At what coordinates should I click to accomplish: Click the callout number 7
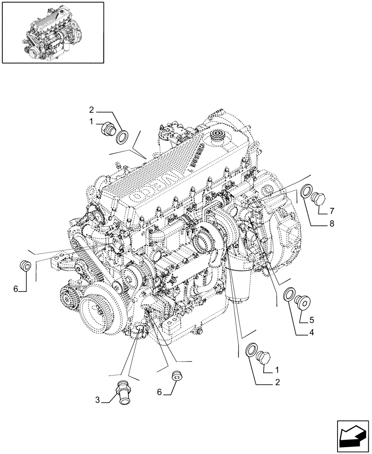(332, 211)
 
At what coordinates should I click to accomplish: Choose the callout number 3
(97, 400)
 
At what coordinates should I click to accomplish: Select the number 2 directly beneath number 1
(277, 382)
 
